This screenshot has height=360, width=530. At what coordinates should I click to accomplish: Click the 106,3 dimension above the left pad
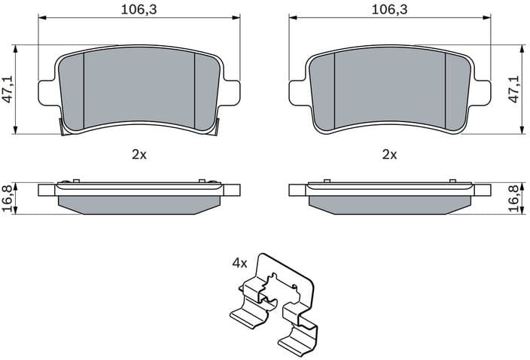click(x=139, y=9)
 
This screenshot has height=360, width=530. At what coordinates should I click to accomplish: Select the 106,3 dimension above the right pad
click(x=389, y=9)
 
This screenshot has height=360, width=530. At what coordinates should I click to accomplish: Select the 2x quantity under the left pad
click(x=139, y=154)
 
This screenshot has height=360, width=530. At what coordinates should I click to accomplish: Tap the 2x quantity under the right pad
click(x=389, y=154)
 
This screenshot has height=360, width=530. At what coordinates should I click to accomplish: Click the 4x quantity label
click(x=239, y=264)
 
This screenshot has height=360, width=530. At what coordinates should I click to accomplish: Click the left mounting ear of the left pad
click(x=47, y=92)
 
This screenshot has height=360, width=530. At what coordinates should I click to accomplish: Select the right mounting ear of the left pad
click(x=231, y=92)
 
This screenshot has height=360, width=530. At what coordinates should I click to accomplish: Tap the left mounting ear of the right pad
click(x=297, y=92)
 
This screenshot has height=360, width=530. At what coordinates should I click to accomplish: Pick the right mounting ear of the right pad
click(x=482, y=92)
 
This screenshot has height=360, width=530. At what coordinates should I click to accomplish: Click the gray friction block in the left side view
click(x=139, y=204)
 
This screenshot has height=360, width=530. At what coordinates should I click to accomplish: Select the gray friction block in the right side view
click(x=389, y=204)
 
